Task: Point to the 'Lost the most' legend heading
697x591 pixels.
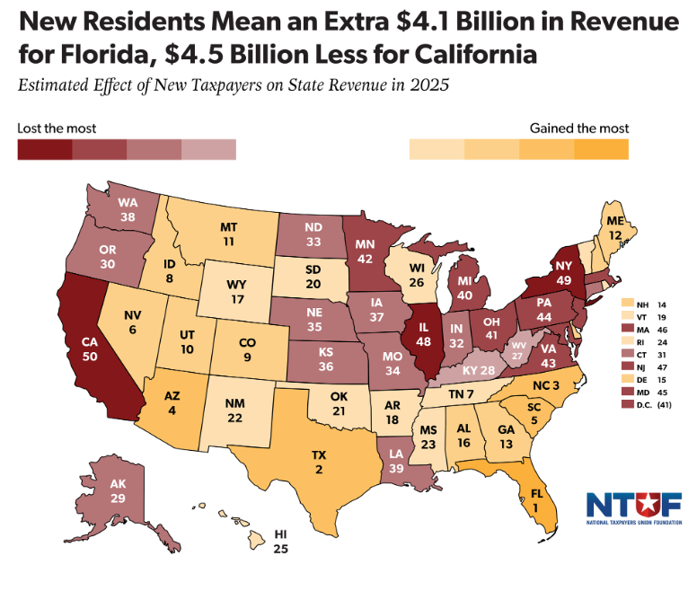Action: [57, 128]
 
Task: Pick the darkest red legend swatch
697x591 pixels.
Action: [45, 148]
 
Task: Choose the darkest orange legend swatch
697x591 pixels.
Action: [602, 148]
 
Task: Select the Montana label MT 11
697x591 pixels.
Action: [230, 234]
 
